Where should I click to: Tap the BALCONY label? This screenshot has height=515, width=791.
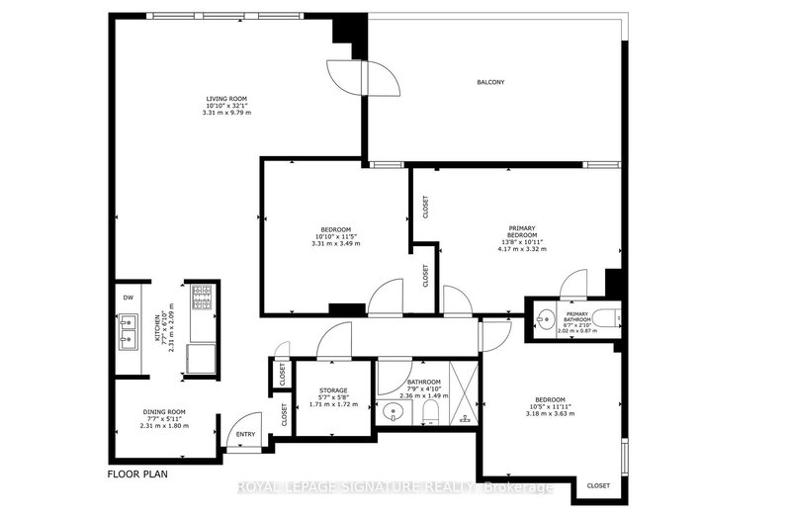point(491,82)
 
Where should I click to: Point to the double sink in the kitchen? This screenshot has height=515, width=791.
point(129,332)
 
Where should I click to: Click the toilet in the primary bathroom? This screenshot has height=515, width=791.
point(600,318)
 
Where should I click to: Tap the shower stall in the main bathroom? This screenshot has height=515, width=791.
point(459,393)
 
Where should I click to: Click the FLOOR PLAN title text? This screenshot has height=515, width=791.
point(137,473)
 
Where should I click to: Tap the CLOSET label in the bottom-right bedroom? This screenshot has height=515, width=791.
point(598,485)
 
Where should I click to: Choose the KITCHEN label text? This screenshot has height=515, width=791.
point(156,332)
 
